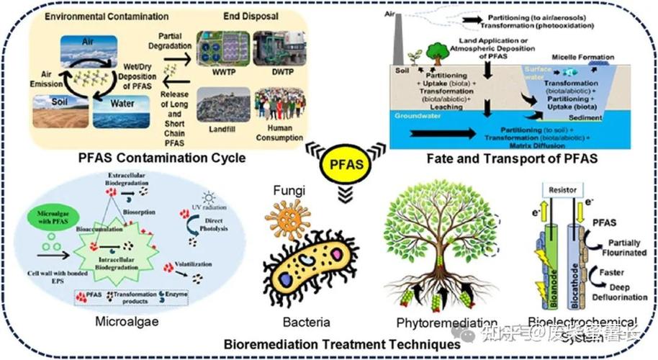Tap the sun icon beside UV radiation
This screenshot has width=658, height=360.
point(209,197)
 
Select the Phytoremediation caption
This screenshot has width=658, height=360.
point(447,322)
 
